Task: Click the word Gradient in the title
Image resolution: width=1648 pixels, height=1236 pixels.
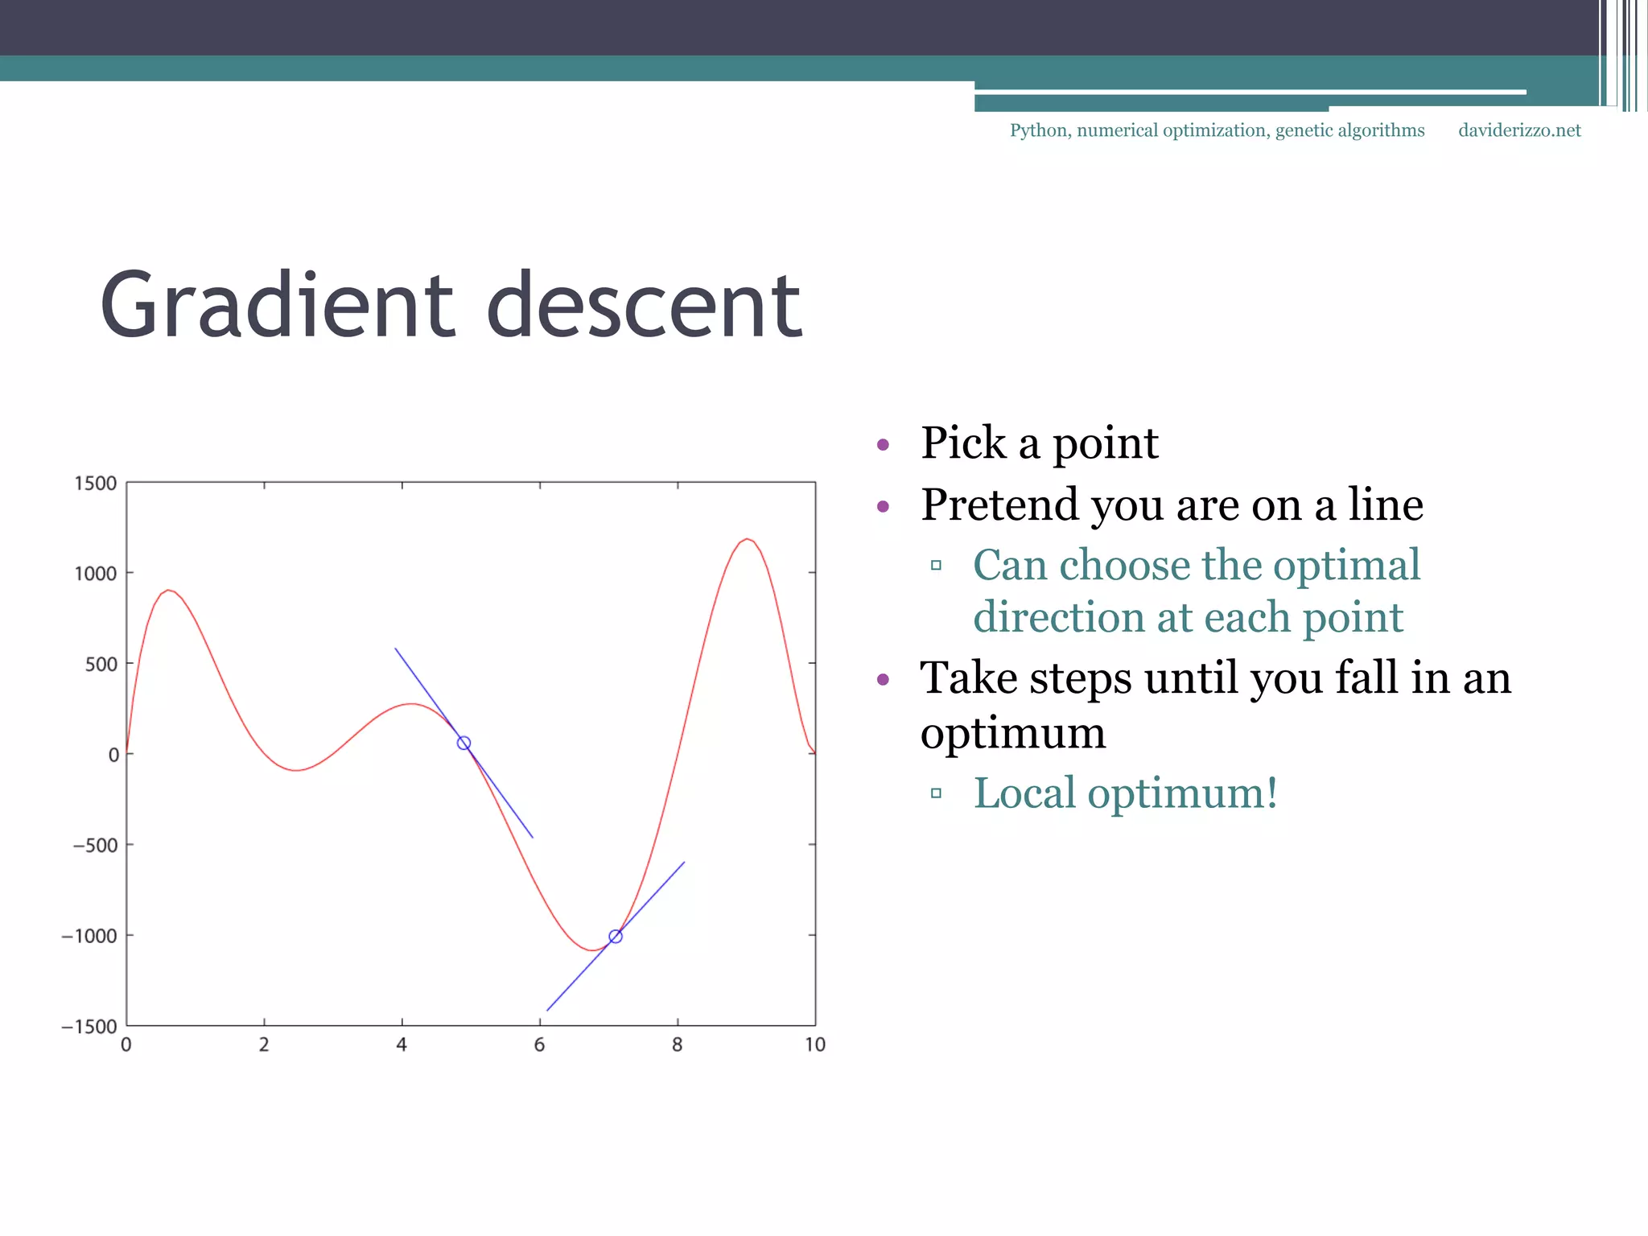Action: [x=278, y=306]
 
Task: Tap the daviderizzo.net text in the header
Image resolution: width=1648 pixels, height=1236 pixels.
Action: [x=1519, y=130]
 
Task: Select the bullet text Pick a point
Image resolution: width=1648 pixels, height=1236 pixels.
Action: [x=1039, y=443]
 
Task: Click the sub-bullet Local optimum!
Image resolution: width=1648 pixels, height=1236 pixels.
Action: [x=1125, y=793]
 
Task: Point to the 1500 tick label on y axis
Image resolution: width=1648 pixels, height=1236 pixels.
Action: [x=96, y=484]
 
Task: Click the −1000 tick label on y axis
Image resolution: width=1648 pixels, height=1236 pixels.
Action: [x=89, y=936]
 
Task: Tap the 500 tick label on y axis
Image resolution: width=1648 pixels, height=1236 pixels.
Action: [x=101, y=665]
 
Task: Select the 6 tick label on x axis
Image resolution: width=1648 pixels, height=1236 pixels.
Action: [x=539, y=1045]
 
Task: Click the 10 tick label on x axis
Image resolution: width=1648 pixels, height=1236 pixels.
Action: [x=815, y=1045]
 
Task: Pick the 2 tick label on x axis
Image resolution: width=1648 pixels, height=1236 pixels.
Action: [x=264, y=1045]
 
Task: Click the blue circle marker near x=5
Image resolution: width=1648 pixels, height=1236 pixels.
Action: [x=463, y=743]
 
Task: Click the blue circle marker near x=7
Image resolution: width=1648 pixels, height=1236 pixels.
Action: [x=616, y=937]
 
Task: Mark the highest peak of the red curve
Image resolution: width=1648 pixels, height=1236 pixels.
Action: [x=748, y=539]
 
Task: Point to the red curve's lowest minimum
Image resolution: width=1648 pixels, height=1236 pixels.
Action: [x=592, y=950]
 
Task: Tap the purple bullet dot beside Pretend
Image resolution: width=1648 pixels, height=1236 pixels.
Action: [x=883, y=506]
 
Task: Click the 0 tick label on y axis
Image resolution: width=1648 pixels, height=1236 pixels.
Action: [x=113, y=755]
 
